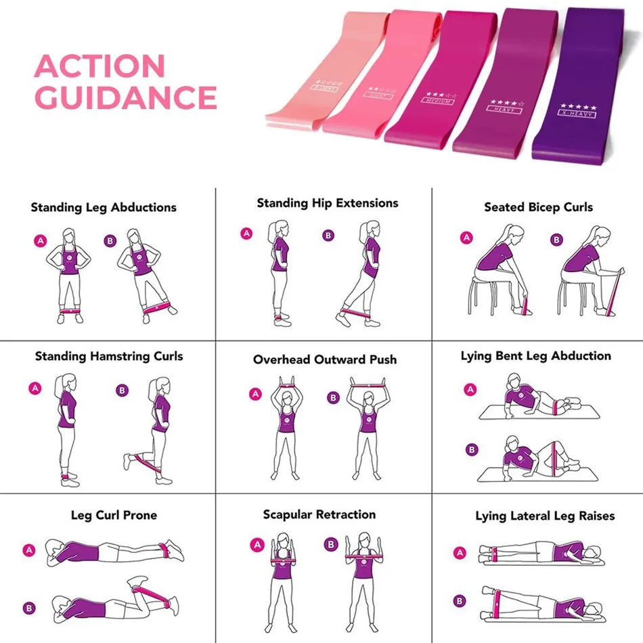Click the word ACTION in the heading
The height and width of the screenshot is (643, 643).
pos(99,66)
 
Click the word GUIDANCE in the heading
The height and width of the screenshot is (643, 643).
pos(125,97)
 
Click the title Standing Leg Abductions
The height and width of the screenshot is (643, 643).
pos(104,208)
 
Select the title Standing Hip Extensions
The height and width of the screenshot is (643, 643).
pos(328,203)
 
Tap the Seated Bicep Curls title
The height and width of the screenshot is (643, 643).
pos(538,208)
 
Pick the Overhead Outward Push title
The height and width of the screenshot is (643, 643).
pos(325,359)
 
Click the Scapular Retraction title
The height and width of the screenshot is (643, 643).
pos(319,515)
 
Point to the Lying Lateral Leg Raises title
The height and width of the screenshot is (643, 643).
pos(545,516)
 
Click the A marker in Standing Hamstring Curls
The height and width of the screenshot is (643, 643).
pos(35,388)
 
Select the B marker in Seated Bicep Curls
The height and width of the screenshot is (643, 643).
pos(556,240)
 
